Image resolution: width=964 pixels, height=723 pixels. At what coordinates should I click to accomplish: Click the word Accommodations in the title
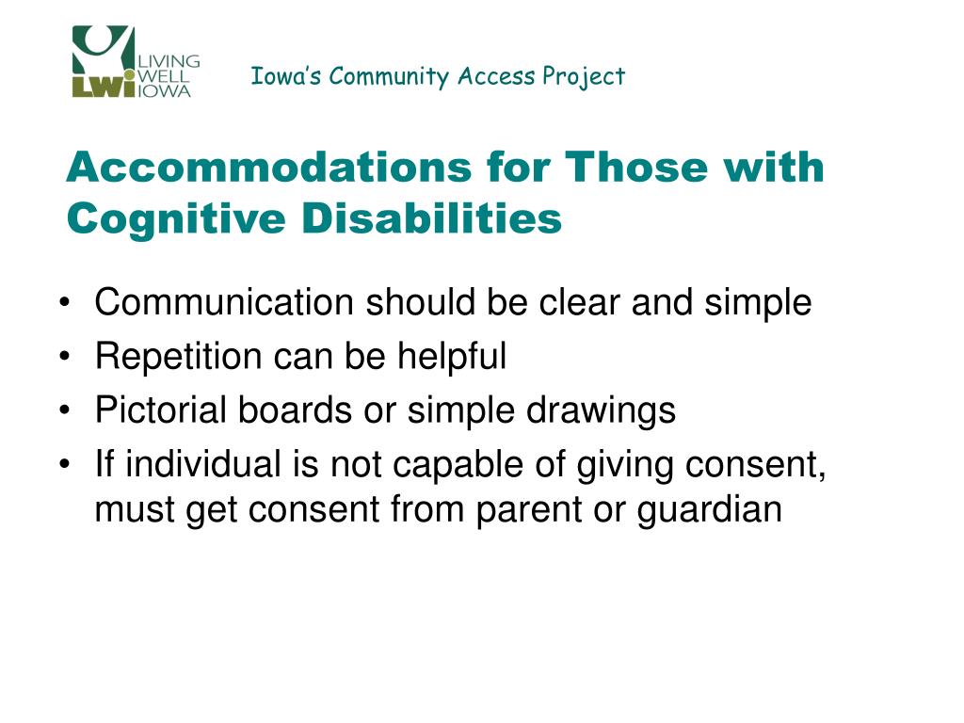pyautogui.click(x=268, y=167)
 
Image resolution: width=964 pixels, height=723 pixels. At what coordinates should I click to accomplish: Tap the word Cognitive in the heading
pyautogui.click(x=176, y=219)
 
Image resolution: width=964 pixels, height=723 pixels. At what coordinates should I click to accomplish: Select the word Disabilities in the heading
pyautogui.click(x=431, y=217)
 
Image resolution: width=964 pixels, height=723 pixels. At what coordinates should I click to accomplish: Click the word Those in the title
pyautogui.click(x=635, y=167)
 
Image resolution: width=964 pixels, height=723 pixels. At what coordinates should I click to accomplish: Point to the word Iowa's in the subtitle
pyautogui.click(x=286, y=75)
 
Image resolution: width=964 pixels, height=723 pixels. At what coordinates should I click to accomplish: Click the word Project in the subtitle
pyautogui.click(x=584, y=77)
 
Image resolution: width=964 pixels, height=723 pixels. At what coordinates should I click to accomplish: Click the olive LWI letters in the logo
pyautogui.click(x=104, y=87)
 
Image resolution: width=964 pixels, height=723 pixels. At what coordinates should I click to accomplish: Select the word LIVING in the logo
pyautogui.click(x=169, y=61)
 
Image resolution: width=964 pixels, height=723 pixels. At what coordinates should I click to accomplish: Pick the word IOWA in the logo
pyautogui.click(x=164, y=91)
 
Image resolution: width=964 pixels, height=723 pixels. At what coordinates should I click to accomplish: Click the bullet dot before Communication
pyautogui.click(x=65, y=302)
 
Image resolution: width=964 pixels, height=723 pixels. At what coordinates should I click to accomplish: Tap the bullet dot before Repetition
pyautogui.click(x=65, y=356)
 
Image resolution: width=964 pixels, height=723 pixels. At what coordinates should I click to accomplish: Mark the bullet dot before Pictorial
pyautogui.click(x=65, y=410)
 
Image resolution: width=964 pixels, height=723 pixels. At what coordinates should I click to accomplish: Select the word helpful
pyautogui.click(x=452, y=356)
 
